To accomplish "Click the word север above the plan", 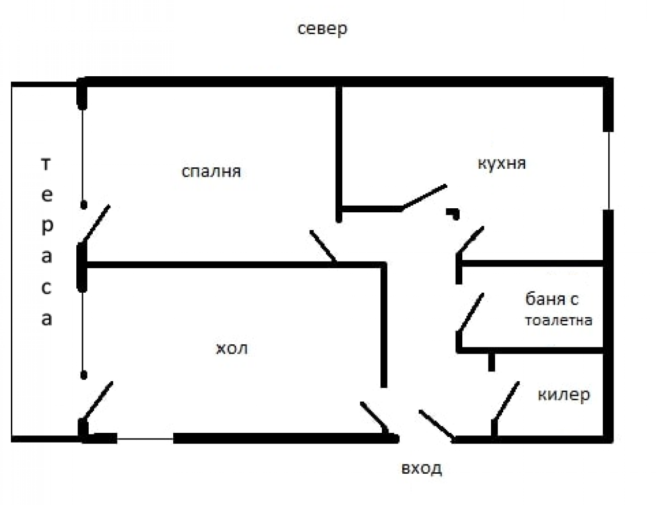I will coord(322,29).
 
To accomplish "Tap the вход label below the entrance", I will coord(422,468).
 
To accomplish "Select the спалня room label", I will coord(211,171).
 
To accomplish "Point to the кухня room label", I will coord(502,164).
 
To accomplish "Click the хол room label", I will coord(232,349).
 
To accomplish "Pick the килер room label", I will coord(564,395).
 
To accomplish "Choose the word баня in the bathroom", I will coord(545,299).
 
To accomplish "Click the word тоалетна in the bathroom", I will coord(559,321).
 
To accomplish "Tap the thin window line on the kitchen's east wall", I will coord(608,170).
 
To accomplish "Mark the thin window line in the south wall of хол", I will coord(145,438).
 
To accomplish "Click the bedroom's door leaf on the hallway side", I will coord(323,246).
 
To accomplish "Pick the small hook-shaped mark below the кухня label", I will coord(453,212).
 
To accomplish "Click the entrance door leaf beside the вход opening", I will coord(436,424).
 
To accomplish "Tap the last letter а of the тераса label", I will coord(47,319).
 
